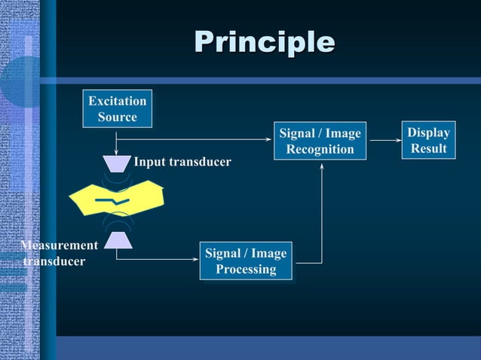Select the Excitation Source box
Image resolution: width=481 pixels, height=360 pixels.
[x=117, y=108]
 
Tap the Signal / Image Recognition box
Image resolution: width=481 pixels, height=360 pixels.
[x=320, y=141]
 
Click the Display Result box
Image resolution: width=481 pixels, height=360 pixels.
[x=428, y=140]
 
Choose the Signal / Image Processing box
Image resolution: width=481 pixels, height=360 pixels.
[x=246, y=261]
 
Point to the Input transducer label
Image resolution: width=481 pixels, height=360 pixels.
[x=182, y=162]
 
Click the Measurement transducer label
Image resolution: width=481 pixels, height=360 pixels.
[x=57, y=253]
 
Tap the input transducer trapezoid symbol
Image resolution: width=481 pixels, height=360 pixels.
[x=117, y=162]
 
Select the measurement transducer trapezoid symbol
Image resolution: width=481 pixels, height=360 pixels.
[x=118, y=239]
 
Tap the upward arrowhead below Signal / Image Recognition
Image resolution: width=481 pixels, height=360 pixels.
[x=322, y=167]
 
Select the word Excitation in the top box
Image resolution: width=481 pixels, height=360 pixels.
[x=117, y=100]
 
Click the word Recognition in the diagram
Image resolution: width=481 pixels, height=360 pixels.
[x=320, y=149]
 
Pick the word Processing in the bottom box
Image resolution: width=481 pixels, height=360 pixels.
[x=246, y=269]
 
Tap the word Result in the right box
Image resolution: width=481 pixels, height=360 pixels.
[x=428, y=148]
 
